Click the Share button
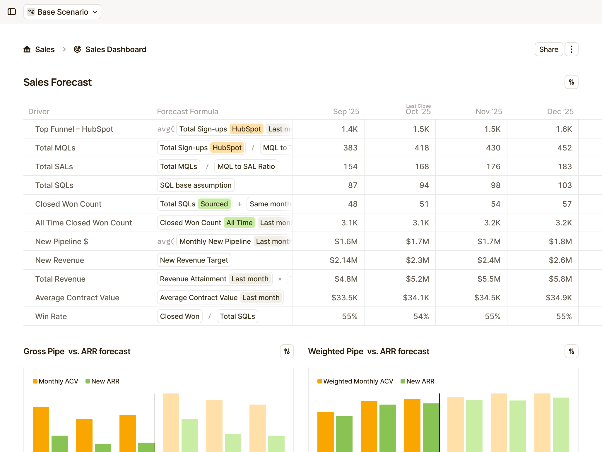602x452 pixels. pos(548,49)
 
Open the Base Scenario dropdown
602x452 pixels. pos(62,12)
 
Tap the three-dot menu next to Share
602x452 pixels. pos(571,49)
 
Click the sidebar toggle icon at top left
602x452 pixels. pos(12,12)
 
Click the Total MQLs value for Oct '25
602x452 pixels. pos(421,148)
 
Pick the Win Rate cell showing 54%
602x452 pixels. pos(421,316)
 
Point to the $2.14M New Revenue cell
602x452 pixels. pos(343,260)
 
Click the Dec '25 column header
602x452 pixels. pos(560,112)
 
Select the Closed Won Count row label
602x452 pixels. pos(68,204)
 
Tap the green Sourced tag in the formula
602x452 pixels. pos(214,204)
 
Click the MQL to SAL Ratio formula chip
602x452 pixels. pos(246,167)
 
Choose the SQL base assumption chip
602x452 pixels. pos(196,185)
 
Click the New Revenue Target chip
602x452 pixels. pos(194,260)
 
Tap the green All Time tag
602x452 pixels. pos(239,223)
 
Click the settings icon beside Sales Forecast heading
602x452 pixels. pos(571,82)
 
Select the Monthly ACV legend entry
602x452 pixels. pos(56,381)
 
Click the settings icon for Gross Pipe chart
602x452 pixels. pos(287,351)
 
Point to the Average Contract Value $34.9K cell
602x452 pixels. pos(558,298)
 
